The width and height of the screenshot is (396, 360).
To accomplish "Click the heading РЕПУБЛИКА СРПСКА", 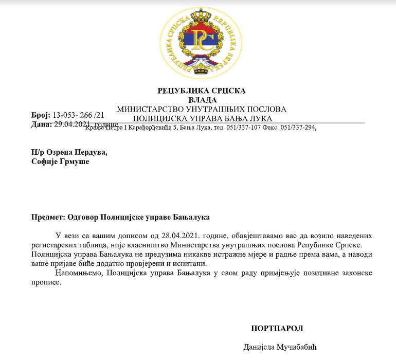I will point(202,91).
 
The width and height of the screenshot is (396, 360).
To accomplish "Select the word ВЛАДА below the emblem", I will point(202,100).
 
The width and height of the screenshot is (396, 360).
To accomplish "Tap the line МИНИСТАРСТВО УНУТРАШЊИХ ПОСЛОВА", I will point(202,109).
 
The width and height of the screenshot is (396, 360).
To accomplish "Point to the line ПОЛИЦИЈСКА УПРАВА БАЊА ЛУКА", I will point(202,118).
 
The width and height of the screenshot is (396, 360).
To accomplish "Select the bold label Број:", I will point(41,115).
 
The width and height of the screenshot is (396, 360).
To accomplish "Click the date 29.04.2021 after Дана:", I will point(71,124).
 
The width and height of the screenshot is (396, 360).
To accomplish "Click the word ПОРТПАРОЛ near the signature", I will point(277,328).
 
